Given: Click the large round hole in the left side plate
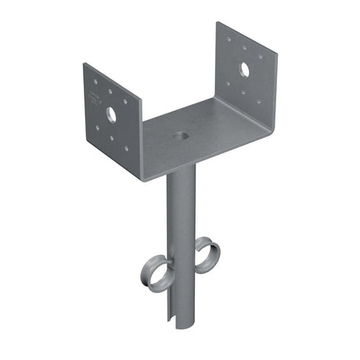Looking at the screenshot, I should pos(111,114).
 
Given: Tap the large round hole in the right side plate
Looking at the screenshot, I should pos(244,69).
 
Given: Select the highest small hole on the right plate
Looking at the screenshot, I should pos(229,37).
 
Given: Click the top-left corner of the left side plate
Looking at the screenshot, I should pos(84,64).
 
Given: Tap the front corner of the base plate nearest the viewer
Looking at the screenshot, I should pos(145,178).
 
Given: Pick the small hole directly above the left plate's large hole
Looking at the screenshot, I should pos(110,98).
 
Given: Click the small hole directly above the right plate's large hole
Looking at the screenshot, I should pos(244,51).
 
